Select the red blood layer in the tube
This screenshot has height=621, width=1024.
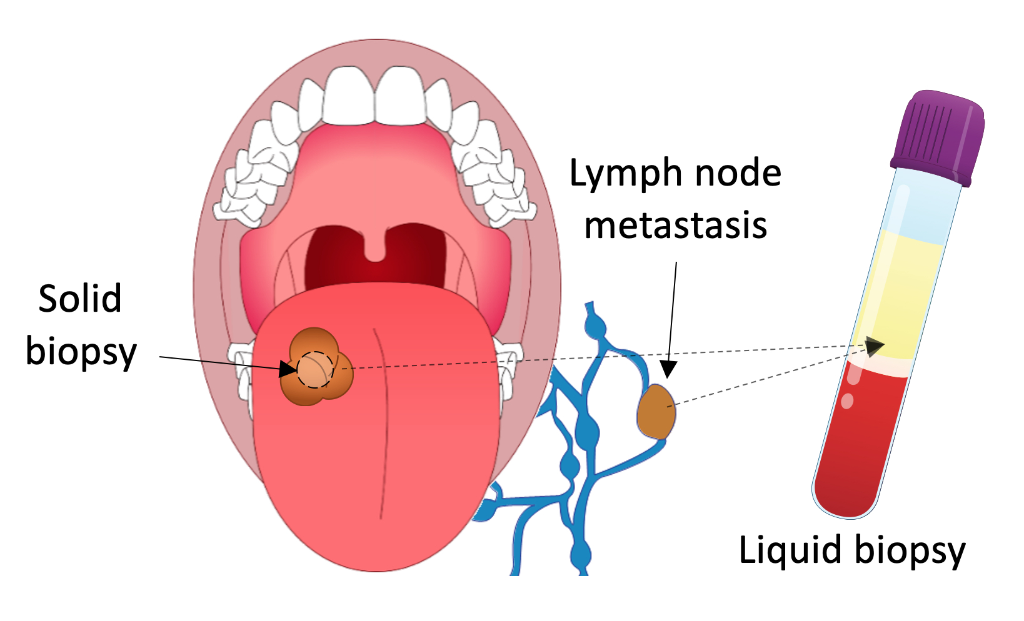[860, 444]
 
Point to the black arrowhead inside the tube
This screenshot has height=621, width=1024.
[875, 345]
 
